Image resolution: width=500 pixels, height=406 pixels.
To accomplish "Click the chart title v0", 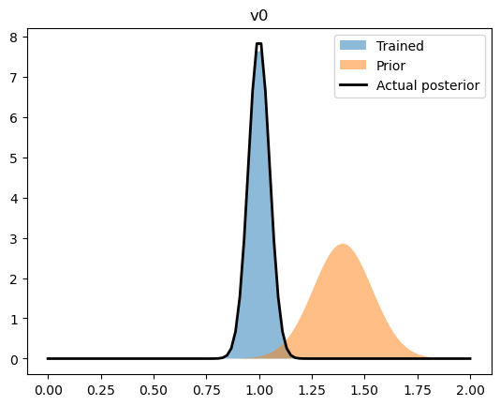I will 259,16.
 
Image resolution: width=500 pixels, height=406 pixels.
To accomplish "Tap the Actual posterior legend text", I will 427,85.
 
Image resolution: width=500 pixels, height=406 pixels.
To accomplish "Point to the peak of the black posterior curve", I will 258,44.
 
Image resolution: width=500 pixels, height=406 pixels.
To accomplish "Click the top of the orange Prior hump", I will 343,245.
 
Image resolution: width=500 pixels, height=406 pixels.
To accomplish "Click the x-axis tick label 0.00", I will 48,384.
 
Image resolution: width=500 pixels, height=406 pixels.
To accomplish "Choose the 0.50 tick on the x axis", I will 154,384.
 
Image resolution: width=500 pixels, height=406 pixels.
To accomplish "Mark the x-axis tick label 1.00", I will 259,384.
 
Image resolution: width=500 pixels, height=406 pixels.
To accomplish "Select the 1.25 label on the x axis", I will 312,384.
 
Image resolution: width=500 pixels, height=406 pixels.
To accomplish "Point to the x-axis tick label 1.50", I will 365,384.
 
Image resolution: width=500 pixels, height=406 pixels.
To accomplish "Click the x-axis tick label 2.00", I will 470,384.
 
